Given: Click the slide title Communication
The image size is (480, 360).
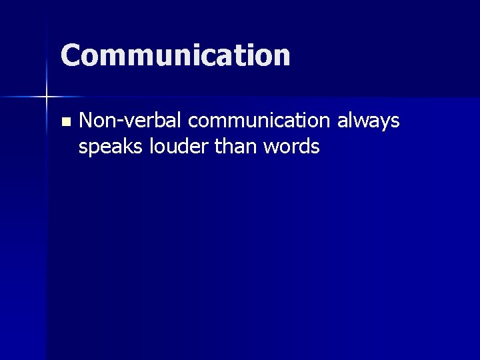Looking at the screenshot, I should [175, 55].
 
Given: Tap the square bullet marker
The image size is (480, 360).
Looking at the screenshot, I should [65, 122].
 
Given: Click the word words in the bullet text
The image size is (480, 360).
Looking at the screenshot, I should [291, 146].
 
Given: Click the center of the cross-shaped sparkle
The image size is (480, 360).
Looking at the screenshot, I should [47, 98].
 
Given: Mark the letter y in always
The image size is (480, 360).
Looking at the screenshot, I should [383, 124].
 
